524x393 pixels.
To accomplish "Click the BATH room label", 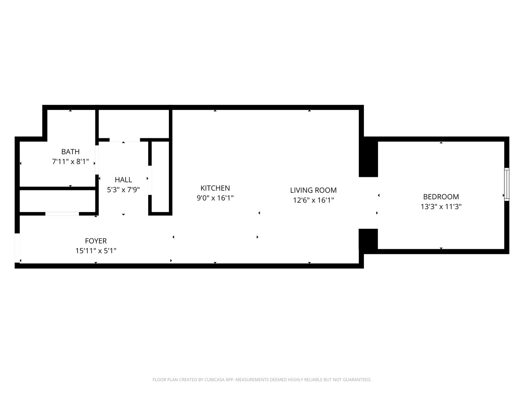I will pos(70,152).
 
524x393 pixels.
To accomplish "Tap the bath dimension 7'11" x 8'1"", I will pos(70,162).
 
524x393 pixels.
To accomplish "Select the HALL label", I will pos(123,180).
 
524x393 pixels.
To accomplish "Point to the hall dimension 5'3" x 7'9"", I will pos(123,190).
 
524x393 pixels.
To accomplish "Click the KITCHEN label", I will pos(215,188).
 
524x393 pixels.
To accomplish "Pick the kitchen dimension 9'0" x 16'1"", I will pos(215,198).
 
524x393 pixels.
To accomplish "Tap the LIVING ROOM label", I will pos(313,190).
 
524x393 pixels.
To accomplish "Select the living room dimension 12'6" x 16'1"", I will pos(313,200).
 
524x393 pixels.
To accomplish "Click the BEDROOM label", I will pos(441,197).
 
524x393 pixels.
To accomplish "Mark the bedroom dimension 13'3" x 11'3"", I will pos(441,207).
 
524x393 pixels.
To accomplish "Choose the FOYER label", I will pos(96,241).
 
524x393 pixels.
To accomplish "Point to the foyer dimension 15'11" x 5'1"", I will pos(96,251).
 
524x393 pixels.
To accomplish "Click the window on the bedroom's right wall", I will pos(507,184).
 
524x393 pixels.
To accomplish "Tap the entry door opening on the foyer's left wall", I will pos(17,247).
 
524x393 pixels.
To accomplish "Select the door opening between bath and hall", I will pos(97,160).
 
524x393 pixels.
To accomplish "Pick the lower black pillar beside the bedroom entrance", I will pos(369,239).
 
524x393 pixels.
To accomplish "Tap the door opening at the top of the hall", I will pos(124,140).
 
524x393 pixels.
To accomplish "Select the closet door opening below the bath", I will pos(62,214).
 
